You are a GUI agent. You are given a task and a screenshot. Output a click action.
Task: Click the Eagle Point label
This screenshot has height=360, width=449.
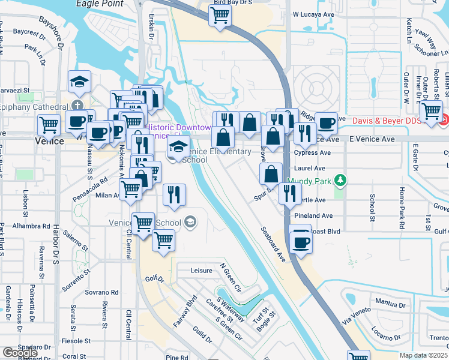click(100, 4)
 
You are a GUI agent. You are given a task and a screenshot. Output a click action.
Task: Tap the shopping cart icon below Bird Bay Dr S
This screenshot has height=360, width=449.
click(220, 16)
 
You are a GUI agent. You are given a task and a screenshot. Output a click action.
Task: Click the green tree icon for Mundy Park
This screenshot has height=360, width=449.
click(340, 180)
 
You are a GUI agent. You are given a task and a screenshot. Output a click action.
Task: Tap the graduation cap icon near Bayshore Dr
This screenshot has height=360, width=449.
click(79, 82)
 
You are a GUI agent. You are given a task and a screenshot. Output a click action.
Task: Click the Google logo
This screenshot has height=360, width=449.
click(20, 353)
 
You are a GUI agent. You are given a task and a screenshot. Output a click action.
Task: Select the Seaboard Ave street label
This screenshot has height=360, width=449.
click(273, 244)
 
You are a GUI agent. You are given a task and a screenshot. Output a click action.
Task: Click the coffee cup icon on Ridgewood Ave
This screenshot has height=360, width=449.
click(326, 123)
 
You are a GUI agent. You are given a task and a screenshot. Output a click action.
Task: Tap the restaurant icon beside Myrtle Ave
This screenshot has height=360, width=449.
click(290, 193)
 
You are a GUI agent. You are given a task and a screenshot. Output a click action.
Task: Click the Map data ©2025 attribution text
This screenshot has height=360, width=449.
click(424, 355)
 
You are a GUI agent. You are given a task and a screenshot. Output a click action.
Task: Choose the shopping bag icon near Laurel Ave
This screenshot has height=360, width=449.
click(271, 174)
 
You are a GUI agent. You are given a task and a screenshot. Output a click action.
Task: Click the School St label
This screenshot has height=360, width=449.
click(373, 208)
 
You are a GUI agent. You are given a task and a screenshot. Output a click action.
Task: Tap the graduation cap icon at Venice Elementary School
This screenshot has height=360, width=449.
click(178, 146)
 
